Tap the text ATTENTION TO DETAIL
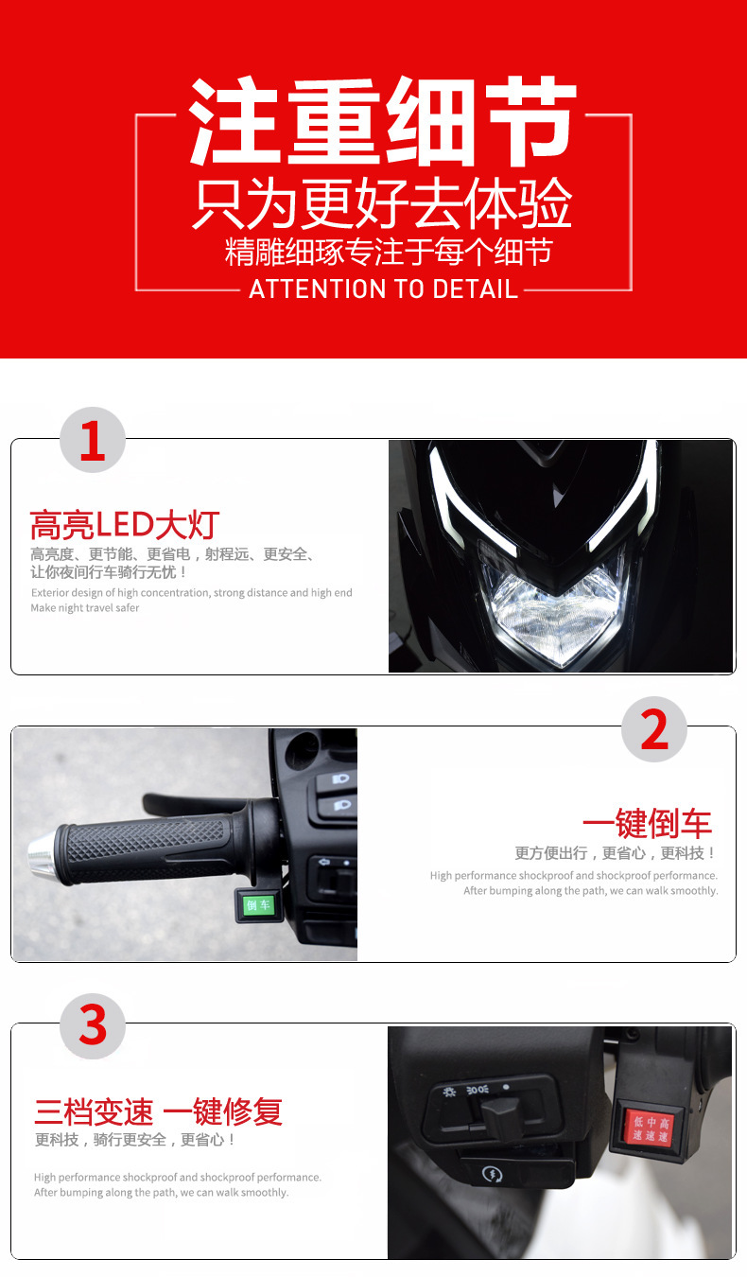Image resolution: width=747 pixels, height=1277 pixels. [x=384, y=289]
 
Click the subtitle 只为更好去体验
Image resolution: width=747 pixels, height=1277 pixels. [x=383, y=203]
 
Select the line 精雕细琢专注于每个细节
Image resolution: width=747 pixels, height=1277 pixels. [x=389, y=252]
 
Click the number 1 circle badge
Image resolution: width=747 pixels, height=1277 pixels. [x=93, y=440]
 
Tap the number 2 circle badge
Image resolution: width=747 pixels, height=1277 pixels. [x=654, y=729]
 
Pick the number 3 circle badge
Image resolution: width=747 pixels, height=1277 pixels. [x=93, y=1026]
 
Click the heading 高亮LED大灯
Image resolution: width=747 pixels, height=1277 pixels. [x=125, y=525]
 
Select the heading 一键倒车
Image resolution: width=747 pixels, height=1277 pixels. [x=648, y=823]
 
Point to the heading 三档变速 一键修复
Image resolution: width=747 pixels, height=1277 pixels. [x=159, y=1111]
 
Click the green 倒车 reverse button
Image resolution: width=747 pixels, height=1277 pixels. [x=259, y=904]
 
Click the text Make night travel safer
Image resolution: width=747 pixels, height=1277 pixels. [x=85, y=607]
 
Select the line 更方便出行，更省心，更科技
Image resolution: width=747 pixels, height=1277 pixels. [x=616, y=853]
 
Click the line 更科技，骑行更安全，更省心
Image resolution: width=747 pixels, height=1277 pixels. [x=135, y=1140]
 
